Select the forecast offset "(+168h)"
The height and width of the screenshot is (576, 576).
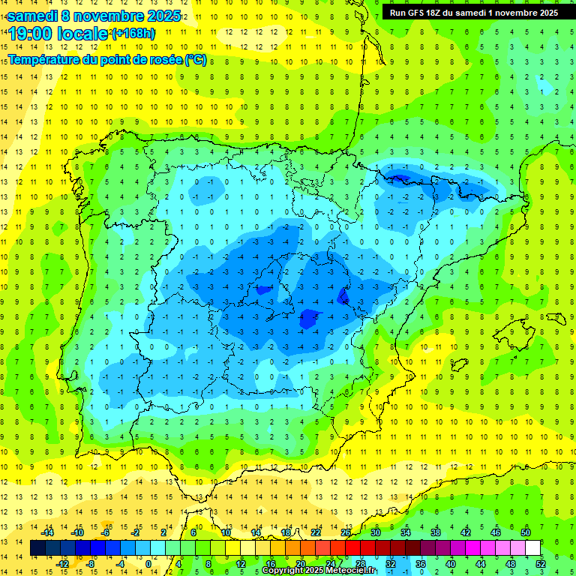133,34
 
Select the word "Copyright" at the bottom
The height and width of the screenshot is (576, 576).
284,571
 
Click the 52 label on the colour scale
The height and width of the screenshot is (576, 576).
540,564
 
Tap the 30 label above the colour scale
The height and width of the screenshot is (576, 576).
375,532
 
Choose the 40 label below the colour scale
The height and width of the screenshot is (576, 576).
450,564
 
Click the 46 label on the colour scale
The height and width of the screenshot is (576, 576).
495,532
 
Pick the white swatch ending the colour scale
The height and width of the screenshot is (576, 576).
532,548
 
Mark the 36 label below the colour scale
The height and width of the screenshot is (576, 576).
420,564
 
